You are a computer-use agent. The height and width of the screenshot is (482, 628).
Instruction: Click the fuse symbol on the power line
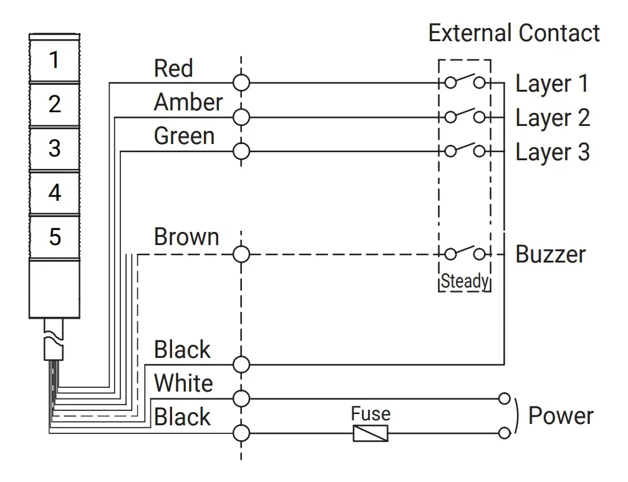point(370,433)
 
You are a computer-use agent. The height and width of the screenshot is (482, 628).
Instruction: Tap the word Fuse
point(370,413)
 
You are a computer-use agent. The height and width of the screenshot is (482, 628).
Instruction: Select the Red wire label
point(173,68)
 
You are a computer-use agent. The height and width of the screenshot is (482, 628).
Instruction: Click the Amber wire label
point(188,102)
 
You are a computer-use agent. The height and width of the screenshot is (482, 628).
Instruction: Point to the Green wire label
point(184,136)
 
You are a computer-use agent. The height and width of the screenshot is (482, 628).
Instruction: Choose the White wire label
point(183,383)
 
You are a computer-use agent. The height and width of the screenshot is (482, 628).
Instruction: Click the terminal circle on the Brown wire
point(241,254)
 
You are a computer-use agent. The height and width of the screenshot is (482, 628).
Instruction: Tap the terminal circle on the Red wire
point(241,84)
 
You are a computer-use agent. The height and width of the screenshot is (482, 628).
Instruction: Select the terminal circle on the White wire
point(241,398)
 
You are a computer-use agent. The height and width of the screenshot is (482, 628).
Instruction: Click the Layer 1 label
point(552,85)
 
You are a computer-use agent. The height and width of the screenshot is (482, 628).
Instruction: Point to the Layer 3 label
point(553,153)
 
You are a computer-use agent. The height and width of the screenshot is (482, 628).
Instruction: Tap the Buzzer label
point(551,254)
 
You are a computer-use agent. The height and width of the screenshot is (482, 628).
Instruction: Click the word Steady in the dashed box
point(465,281)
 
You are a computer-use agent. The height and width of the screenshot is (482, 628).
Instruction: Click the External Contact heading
point(514,33)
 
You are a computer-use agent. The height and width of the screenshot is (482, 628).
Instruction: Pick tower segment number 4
point(55,193)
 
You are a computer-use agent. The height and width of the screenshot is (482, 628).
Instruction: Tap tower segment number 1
point(54,60)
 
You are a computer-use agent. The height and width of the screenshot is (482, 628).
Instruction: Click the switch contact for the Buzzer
point(465,253)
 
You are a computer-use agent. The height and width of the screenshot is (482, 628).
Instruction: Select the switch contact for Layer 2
point(465,116)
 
